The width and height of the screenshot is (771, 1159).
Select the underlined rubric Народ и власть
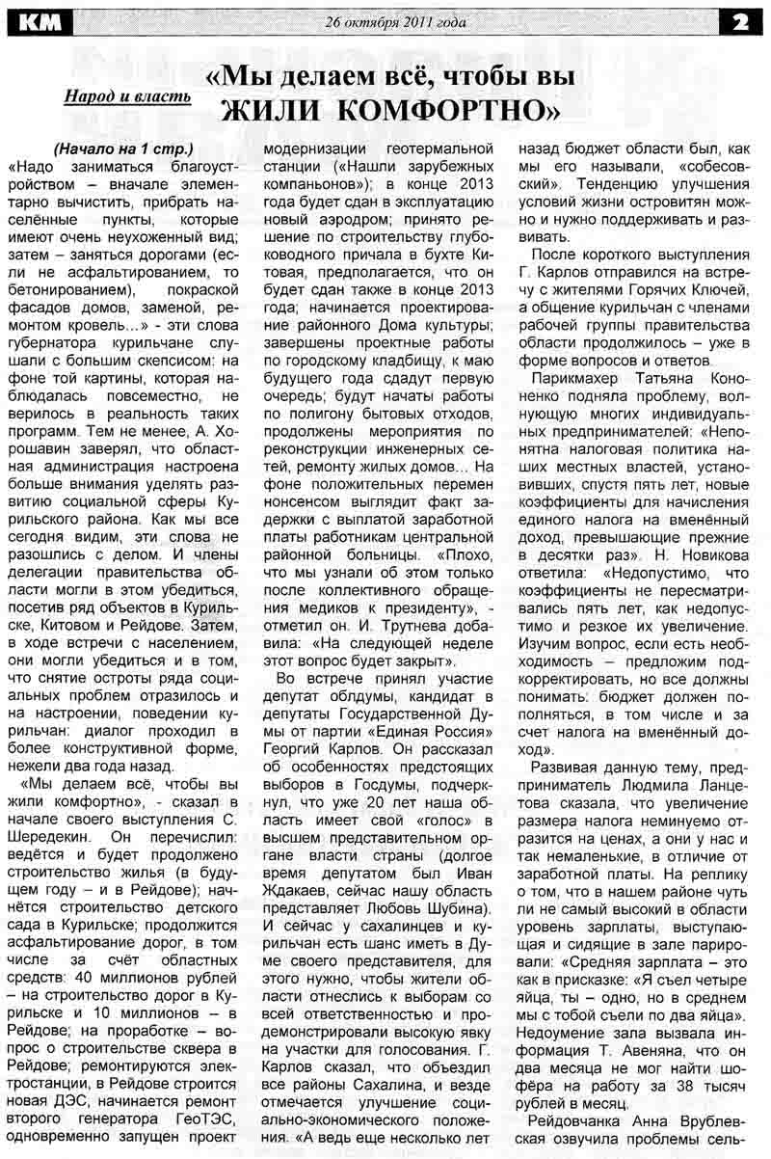pos(126,96)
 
